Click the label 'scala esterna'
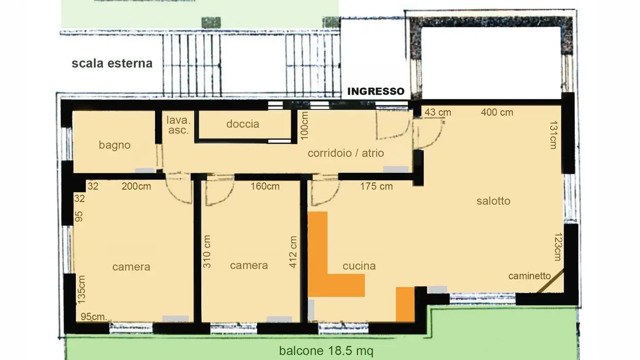click(112, 63)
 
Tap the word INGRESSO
click(376, 92)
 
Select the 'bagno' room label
click(115, 145)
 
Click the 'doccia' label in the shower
click(243, 124)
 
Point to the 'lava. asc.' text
click(178, 125)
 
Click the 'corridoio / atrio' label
click(346, 153)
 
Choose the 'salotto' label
click(493, 201)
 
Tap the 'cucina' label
click(359, 266)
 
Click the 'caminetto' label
click(529, 276)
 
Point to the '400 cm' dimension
click(497, 112)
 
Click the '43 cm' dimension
click(438, 112)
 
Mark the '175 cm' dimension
click(376, 186)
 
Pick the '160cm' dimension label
click(265, 186)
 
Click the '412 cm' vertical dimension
click(293, 252)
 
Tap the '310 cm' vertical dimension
click(207, 252)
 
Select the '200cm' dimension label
click(136, 186)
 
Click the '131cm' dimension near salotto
click(553, 135)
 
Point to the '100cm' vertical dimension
click(304, 125)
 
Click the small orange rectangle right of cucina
click(405, 304)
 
